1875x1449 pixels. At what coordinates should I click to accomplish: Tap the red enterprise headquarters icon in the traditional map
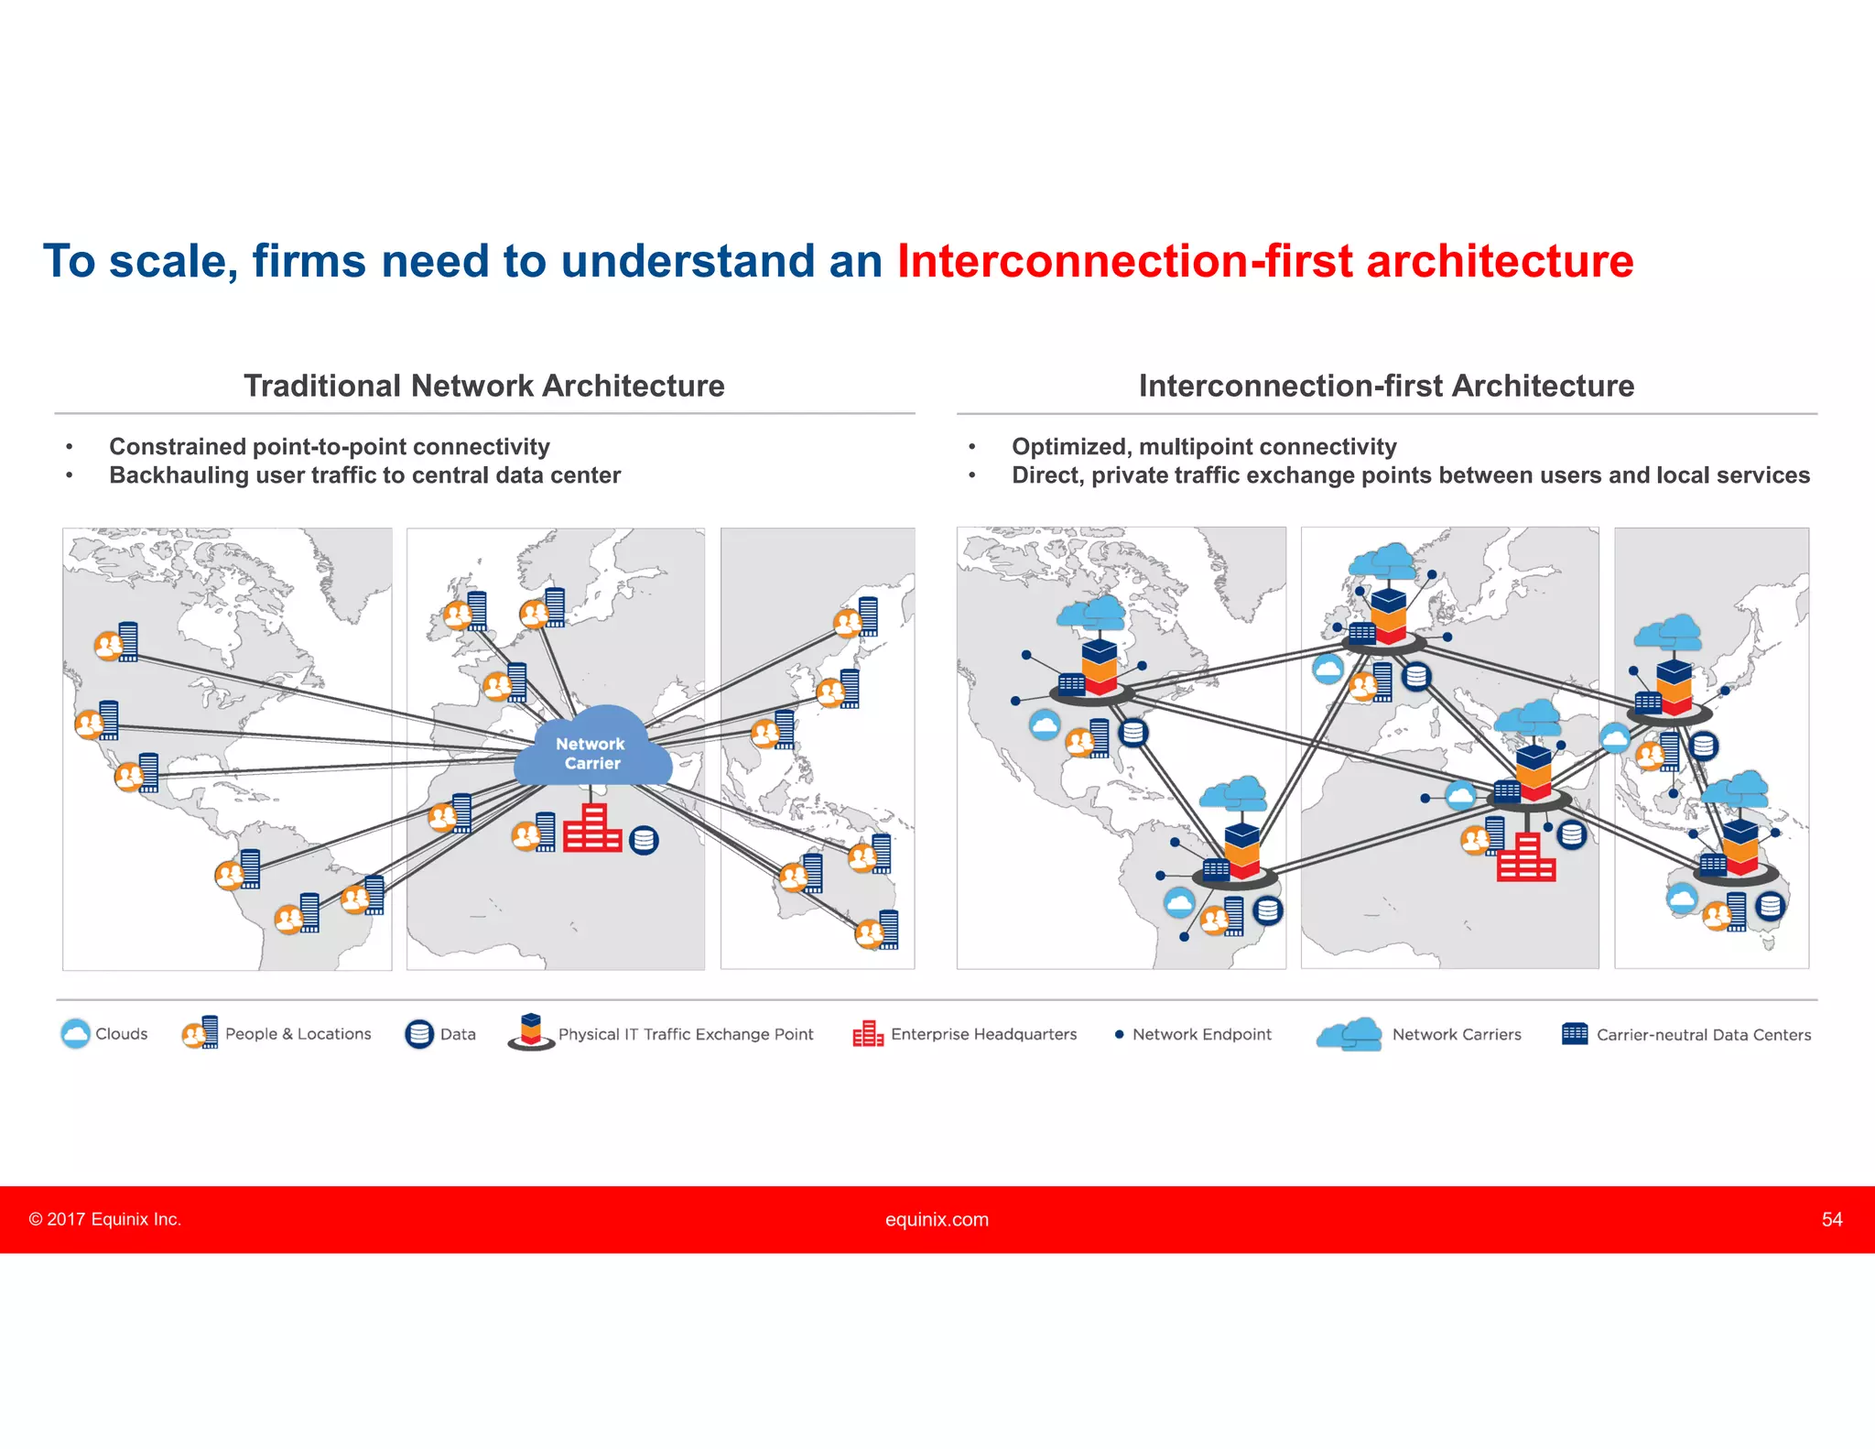point(591,829)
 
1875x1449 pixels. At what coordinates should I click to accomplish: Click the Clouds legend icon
point(76,1033)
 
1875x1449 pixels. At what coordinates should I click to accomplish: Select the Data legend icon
point(419,1034)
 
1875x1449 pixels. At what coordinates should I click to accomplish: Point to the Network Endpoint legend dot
point(1119,1034)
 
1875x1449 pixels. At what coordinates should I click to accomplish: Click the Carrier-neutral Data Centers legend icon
point(1575,1033)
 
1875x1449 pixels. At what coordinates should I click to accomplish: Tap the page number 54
point(1831,1219)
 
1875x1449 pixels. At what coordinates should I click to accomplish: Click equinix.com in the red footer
point(937,1219)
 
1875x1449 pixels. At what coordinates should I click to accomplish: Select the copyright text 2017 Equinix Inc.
point(105,1219)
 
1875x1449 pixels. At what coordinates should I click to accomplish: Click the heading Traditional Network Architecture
point(483,386)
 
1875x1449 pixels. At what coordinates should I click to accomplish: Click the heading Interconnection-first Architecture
point(1386,386)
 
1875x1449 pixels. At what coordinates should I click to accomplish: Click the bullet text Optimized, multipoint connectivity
point(1204,446)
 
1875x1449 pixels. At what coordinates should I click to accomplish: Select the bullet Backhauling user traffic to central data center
point(364,475)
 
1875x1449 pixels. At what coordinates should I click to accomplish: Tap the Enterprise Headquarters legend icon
point(867,1034)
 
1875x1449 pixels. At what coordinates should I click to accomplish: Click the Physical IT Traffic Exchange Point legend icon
point(531,1032)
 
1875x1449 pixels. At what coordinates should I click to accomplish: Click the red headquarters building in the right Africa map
point(1525,858)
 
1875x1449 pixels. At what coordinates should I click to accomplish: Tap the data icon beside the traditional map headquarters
point(645,840)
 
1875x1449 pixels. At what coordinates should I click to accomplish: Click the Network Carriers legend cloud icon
point(1349,1034)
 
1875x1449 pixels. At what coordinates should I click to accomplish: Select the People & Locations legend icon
point(201,1033)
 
